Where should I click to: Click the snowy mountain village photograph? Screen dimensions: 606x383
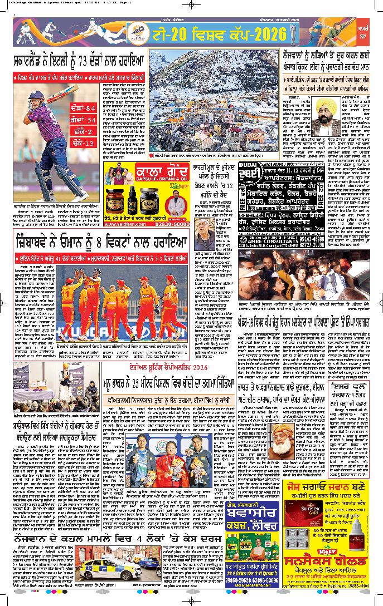point(212,102)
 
